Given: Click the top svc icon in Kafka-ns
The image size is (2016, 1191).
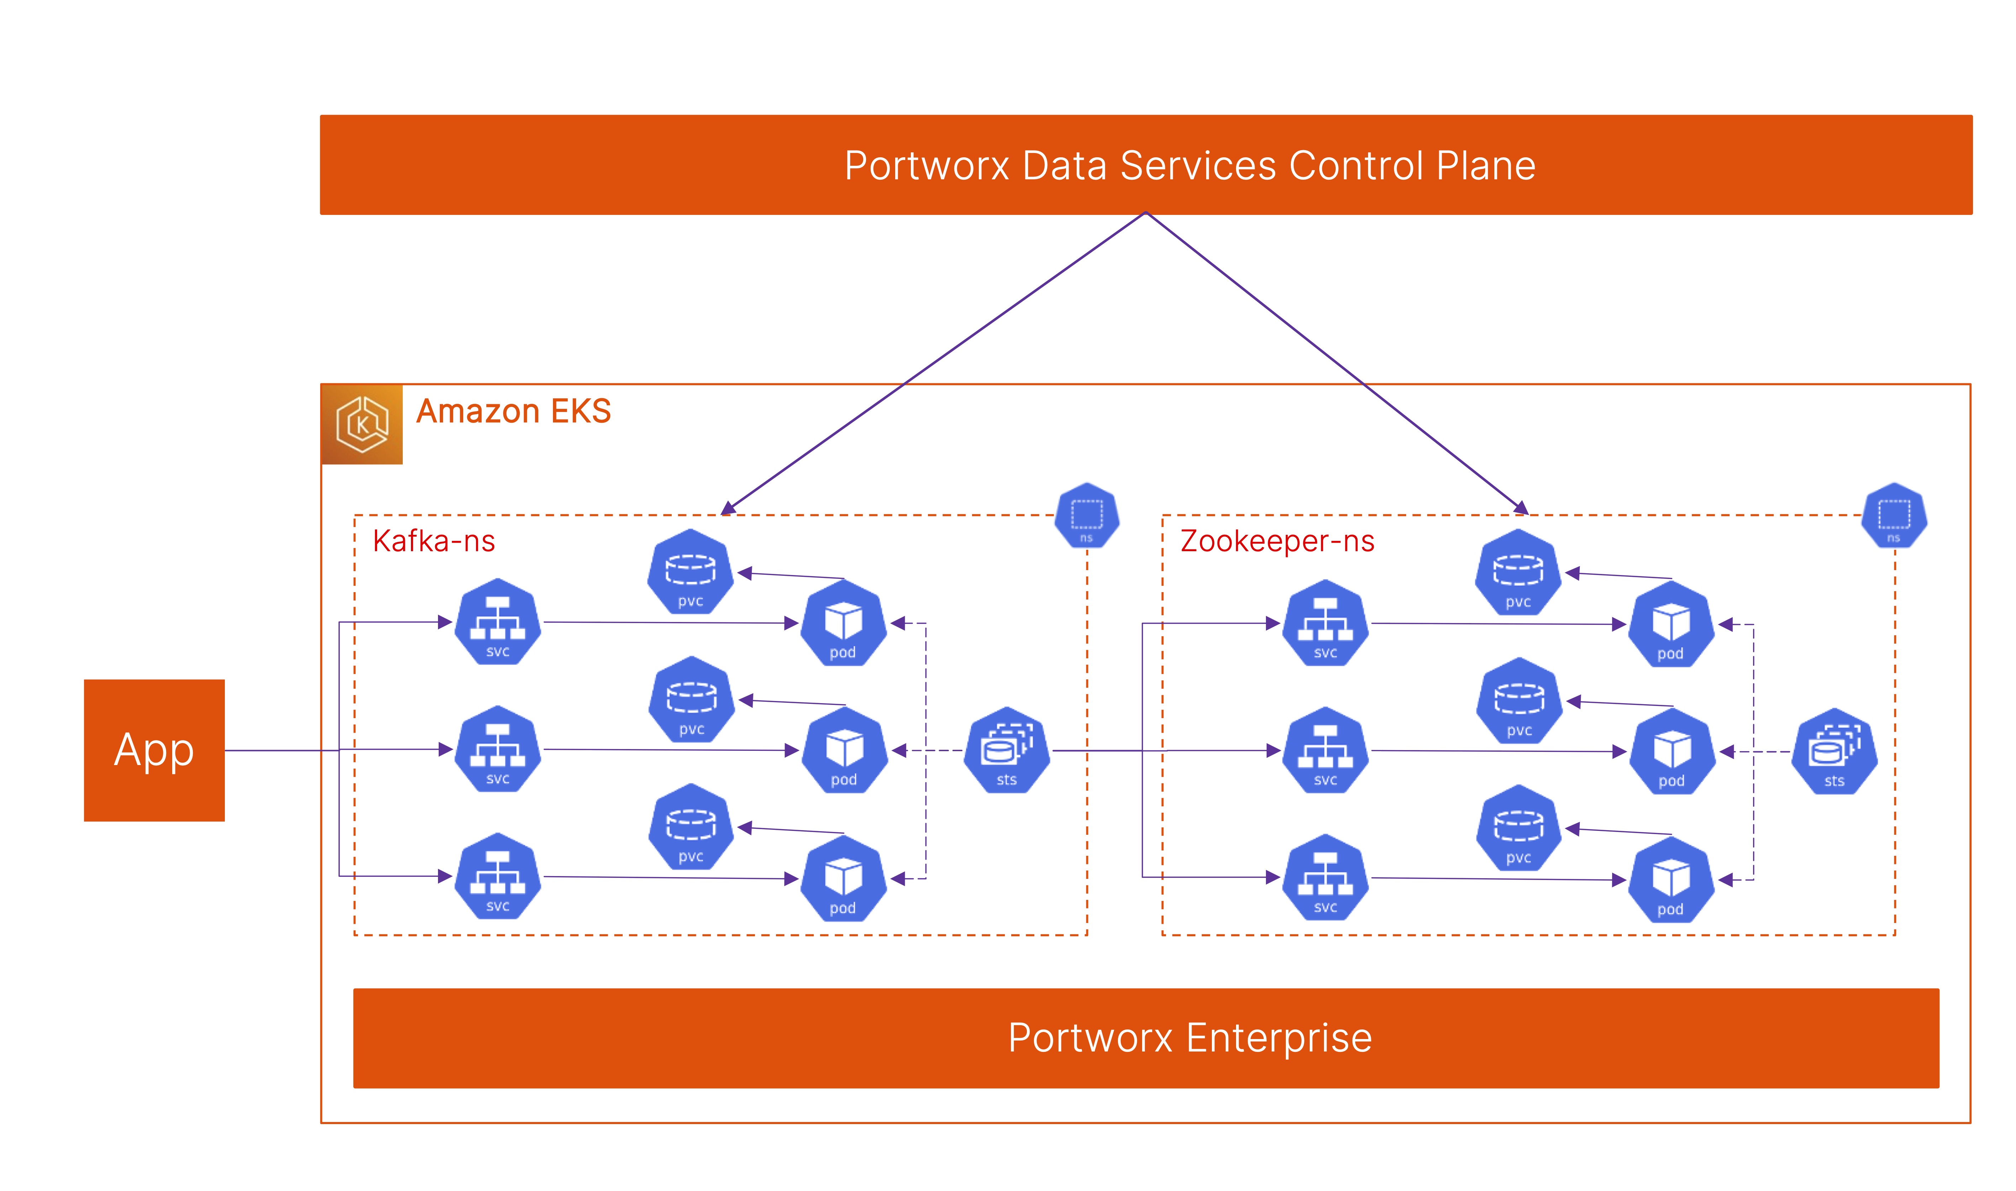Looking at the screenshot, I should tap(497, 622).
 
